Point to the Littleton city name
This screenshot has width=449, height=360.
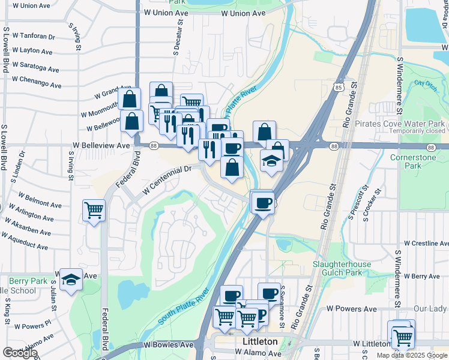point(259,341)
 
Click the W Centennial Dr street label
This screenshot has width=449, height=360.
point(166,179)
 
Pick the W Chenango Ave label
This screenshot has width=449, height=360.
point(36,82)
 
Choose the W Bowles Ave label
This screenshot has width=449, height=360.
point(169,345)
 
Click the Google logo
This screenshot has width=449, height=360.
point(20,353)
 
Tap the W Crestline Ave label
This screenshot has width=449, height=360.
point(426,244)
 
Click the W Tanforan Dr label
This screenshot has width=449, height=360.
point(35,36)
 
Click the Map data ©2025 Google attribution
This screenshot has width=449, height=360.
point(412,355)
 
